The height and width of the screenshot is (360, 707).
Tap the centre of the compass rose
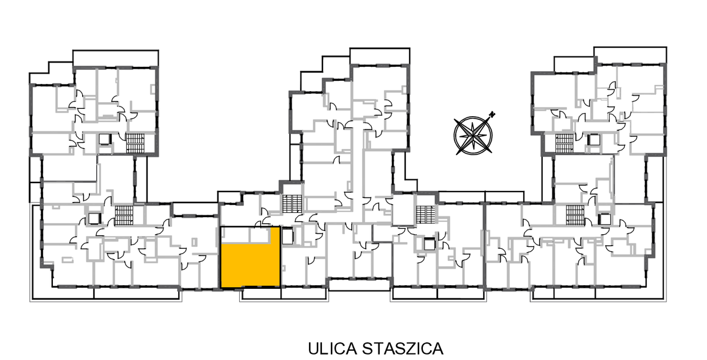tap(473, 135)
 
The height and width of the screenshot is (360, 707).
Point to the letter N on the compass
tap(493, 113)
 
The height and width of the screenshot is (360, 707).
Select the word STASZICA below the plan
tap(403, 348)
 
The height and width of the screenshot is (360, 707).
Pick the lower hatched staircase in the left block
tap(124, 215)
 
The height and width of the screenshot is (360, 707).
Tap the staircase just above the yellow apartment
tap(290, 204)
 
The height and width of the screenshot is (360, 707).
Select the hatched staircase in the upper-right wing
tap(563, 144)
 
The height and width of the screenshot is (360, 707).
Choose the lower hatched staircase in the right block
tap(575, 215)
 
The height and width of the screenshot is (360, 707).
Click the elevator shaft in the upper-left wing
tap(106, 140)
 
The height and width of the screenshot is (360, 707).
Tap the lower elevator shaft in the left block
tap(94, 218)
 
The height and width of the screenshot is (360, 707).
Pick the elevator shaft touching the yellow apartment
tap(287, 236)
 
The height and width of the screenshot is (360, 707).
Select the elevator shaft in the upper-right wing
tap(593, 140)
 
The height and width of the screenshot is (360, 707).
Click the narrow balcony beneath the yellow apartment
tap(260, 293)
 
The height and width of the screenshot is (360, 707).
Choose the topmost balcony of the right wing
tap(630, 55)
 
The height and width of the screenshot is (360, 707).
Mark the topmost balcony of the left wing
tap(116, 58)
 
